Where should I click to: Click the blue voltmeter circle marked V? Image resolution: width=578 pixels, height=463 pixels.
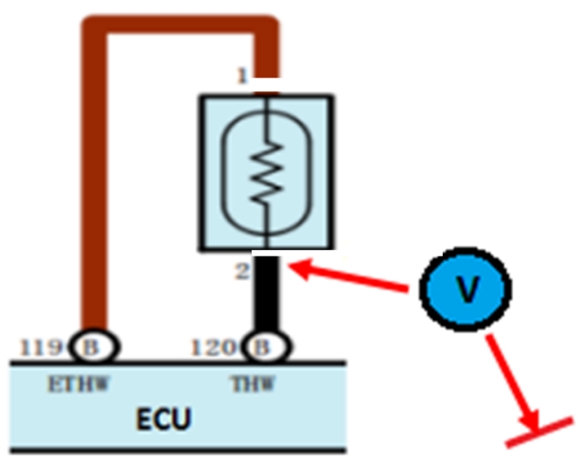pyautogui.click(x=466, y=289)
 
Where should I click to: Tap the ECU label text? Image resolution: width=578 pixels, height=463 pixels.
pyautogui.click(x=164, y=419)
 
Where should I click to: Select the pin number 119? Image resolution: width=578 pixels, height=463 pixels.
pyautogui.click(x=41, y=347)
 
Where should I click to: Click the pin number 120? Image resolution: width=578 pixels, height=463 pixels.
pyautogui.click(x=214, y=347)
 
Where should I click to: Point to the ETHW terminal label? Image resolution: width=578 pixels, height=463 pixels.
pyautogui.click(x=79, y=384)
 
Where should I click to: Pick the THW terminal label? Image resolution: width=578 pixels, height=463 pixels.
pyautogui.click(x=253, y=384)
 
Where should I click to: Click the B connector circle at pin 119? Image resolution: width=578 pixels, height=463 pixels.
pyautogui.click(x=94, y=346)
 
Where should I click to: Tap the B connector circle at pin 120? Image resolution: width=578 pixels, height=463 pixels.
pyautogui.click(x=267, y=346)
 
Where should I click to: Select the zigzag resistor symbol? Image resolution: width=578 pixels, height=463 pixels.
pyautogui.click(x=267, y=173)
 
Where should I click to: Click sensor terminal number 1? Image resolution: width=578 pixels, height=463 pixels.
pyautogui.click(x=242, y=77)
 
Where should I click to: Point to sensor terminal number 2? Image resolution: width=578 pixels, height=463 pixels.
pyautogui.click(x=242, y=271)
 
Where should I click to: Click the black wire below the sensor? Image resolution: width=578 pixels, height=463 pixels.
pyautogui.click(x=267, y=293)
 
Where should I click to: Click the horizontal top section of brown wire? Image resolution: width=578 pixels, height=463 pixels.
pyautogui.click(x=180, y=25)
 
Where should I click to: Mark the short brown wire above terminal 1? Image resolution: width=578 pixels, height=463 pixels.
pyautogui.click(x=266, y=56)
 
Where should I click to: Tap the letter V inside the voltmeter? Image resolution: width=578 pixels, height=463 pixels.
pyautogui.click(x=467, y=289)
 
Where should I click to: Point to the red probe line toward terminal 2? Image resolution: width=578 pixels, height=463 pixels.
pyautogui.click(x=348, y=278)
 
